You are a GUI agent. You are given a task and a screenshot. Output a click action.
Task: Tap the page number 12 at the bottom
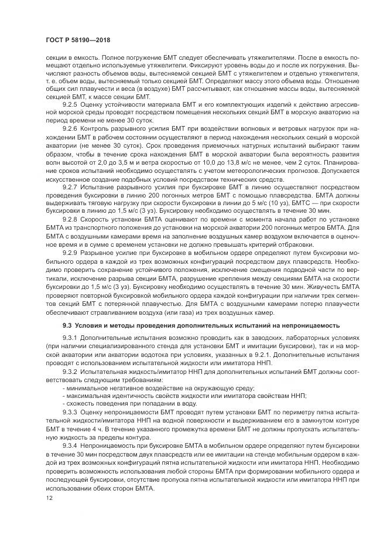pos(40,497)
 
